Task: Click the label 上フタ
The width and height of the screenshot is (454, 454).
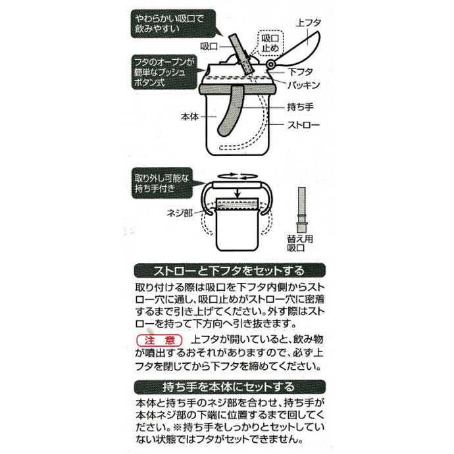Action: point(309,22)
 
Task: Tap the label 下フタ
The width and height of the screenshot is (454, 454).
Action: point(300,72)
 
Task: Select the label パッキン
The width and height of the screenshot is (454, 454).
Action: point(303,85)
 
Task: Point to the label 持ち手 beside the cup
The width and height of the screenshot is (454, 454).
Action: point(300,107)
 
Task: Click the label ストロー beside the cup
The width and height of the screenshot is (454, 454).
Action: point(303,125)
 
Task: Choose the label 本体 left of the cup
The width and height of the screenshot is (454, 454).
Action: point(190,116)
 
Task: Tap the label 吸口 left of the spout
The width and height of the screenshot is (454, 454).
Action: point(209,46)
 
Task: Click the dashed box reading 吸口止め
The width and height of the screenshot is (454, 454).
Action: point(270,43)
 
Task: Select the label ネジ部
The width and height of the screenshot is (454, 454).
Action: point(180,213)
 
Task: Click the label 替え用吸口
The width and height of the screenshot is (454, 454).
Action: point(300,243)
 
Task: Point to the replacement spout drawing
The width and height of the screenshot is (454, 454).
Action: point(301,210)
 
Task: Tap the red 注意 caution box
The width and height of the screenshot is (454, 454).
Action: point(159,341)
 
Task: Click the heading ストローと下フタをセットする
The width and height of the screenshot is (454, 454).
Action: point(230,270)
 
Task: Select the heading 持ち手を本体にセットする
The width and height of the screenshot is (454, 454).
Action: point(230,387)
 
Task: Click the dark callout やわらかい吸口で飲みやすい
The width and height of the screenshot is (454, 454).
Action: point(174,24)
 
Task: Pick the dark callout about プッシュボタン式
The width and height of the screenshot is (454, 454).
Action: point(165,72)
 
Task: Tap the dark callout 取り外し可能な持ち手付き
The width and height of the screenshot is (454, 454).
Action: point(162,183)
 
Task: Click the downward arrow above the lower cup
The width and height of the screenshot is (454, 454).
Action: point(238,193)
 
